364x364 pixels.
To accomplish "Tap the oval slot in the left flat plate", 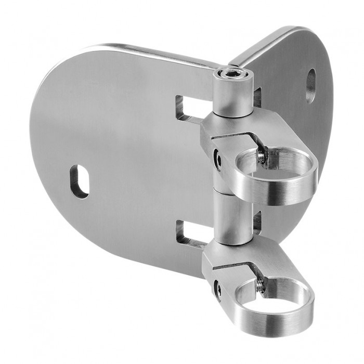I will [x=79, y=181].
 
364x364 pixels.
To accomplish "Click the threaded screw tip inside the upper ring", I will [x=261, y=155].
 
